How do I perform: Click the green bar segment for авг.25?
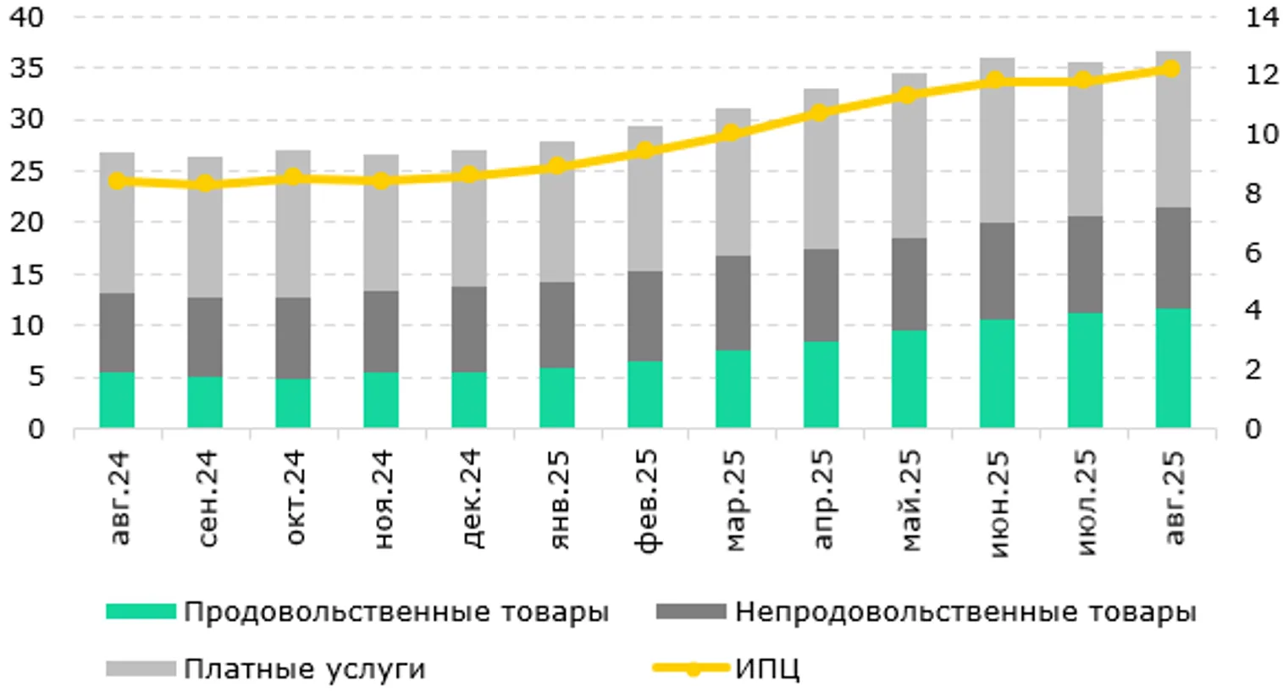click(x=1172, y=368)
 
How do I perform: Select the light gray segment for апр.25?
click(x=821, y=169)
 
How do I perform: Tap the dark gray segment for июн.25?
click(x=997, y=271)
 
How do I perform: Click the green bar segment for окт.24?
click(x=292, y=402)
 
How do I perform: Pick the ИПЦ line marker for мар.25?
click(x=733, y=133)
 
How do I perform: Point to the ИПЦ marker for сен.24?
click(x=205, y=184)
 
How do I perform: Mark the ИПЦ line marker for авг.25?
click(x=1172, y=69)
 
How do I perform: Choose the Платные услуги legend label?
click(x=304, y=668)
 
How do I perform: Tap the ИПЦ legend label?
click(x=766, y=668)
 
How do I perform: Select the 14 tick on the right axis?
click(x=1261, y=17)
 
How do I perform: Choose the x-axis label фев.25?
click(x=645, y=500)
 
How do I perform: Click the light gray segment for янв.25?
click(x=556, y=212)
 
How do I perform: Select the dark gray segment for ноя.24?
click(x=380, y=331)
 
